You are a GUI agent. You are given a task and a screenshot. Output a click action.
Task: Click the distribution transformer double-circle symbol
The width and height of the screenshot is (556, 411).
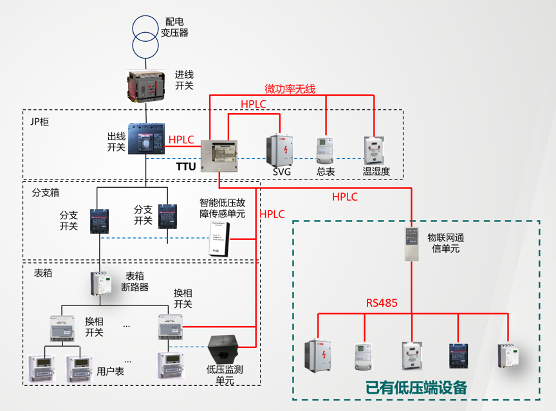pyautogui.click(x=145, y=34)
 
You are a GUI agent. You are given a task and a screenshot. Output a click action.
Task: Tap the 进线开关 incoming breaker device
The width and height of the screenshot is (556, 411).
pyautogui.click(x=147, y=84)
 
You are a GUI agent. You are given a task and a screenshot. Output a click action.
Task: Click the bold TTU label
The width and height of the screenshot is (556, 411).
pyautogui.click(x=186, y=167)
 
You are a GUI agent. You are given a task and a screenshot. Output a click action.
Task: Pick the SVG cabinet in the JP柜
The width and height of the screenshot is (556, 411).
pyautogui.click(x=281, y=150)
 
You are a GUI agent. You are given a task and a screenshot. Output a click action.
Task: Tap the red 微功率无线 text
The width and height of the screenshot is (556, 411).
pyautogui.click(x=290, y=89)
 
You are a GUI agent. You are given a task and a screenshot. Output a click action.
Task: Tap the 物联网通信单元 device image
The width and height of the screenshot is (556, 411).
pyautogui.click(x=412, y=243)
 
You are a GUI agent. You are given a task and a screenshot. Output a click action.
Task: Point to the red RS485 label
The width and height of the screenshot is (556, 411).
pyautogui.click(x=382, y=302)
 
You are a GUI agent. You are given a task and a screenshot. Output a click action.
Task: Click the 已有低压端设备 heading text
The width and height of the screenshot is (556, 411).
pyautogui.click(x=416, y=388)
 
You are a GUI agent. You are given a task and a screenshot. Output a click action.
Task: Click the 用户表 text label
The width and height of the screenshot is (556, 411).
pyautogui.click(x=110, y=372)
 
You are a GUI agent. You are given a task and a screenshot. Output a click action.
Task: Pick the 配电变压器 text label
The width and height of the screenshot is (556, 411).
pyautogui.click(x=174, y=27)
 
